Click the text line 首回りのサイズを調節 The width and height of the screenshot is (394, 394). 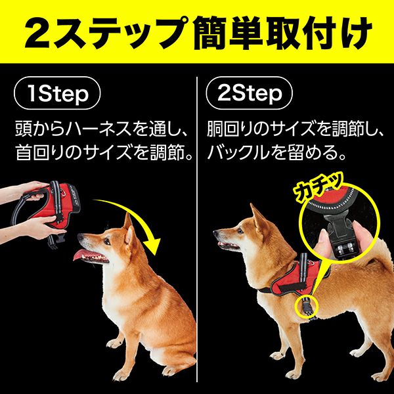[102, 155]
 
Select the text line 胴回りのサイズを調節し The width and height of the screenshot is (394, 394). [295, 127]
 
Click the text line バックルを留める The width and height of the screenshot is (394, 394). [273, 155]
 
